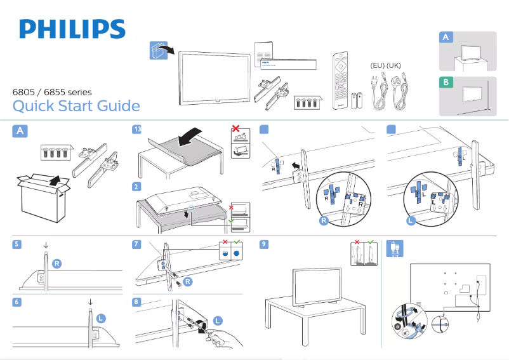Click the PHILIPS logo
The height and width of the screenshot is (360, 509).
[72, 29]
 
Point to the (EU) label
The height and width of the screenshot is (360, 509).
[377, 65]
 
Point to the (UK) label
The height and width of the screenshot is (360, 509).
[393, 65]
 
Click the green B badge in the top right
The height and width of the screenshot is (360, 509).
[446, 82]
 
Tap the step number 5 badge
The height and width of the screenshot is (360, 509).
[17, 244]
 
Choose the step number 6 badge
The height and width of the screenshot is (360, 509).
[17, 302]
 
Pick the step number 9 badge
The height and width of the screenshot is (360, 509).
[264, 244]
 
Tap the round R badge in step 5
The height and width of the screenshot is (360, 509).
[57, 263]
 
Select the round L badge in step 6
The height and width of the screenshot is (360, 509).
[102, 317]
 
